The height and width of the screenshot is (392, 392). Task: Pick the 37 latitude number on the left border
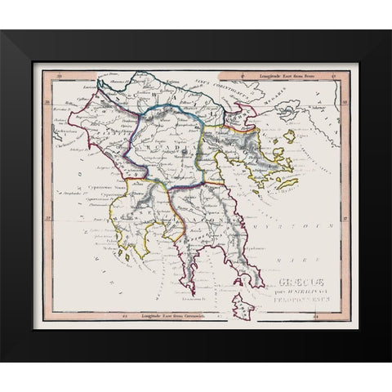(x=48, y=219)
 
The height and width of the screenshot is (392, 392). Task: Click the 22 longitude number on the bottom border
(x=125, y=313)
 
